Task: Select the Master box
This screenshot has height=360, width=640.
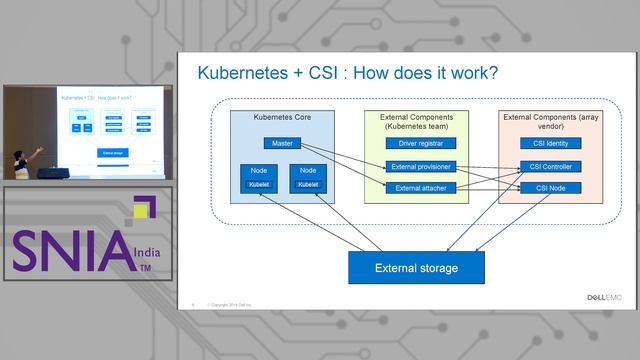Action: [283, 144]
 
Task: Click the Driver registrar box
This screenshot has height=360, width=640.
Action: [421, 144]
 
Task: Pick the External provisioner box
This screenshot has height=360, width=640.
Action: [421, 166]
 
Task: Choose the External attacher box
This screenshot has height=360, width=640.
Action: [421, 187]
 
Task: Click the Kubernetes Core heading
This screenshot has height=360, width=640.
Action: [282, 118]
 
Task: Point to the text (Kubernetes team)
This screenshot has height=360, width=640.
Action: [421, 127]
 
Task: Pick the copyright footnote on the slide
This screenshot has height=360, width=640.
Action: [229, 303]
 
